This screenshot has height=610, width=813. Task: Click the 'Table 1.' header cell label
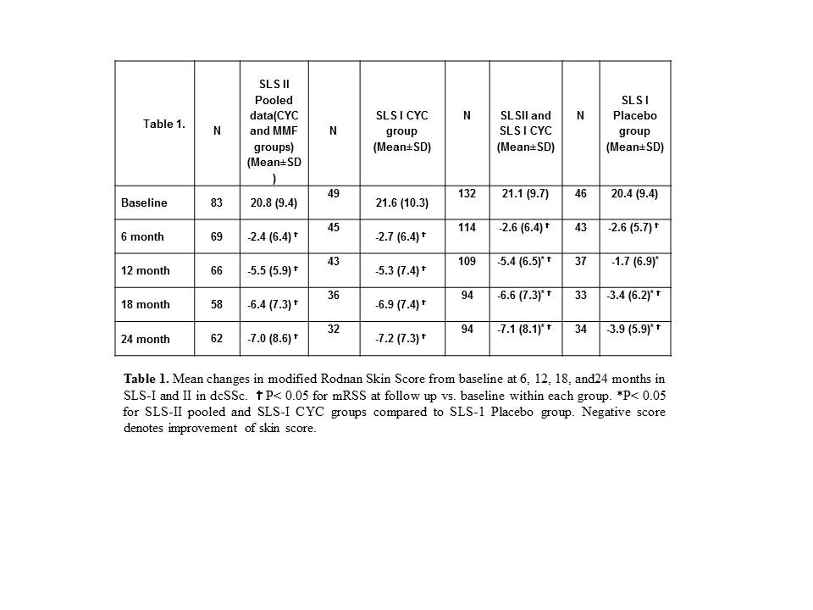(163, 124)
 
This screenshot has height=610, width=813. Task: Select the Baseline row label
(144, 203)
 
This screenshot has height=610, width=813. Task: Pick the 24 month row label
(145, 339)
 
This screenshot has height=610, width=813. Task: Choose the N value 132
(467, 194)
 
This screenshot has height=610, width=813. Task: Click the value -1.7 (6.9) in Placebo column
(634, 262)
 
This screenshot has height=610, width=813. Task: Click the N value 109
(467, 262)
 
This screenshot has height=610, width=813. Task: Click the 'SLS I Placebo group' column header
(634, 124)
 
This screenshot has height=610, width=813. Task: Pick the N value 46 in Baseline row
(580, 194)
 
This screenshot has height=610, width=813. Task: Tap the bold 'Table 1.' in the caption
(146, 378)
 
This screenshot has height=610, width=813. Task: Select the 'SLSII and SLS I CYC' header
(525, 131)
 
